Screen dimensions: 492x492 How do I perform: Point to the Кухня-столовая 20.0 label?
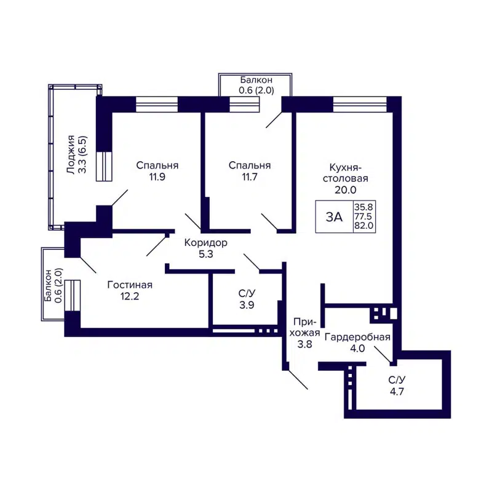point(349,178)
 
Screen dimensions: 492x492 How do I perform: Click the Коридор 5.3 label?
point(206,248)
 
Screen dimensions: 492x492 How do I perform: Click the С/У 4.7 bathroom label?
point(396,385)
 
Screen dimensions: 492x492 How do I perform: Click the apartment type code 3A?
point(334,216)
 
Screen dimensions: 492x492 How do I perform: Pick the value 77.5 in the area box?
point(363,216)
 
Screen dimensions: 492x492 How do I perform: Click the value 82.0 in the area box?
point(363,226)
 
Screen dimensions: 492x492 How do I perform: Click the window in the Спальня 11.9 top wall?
point(156,104)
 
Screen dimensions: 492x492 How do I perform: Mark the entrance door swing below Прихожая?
point(298,379)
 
